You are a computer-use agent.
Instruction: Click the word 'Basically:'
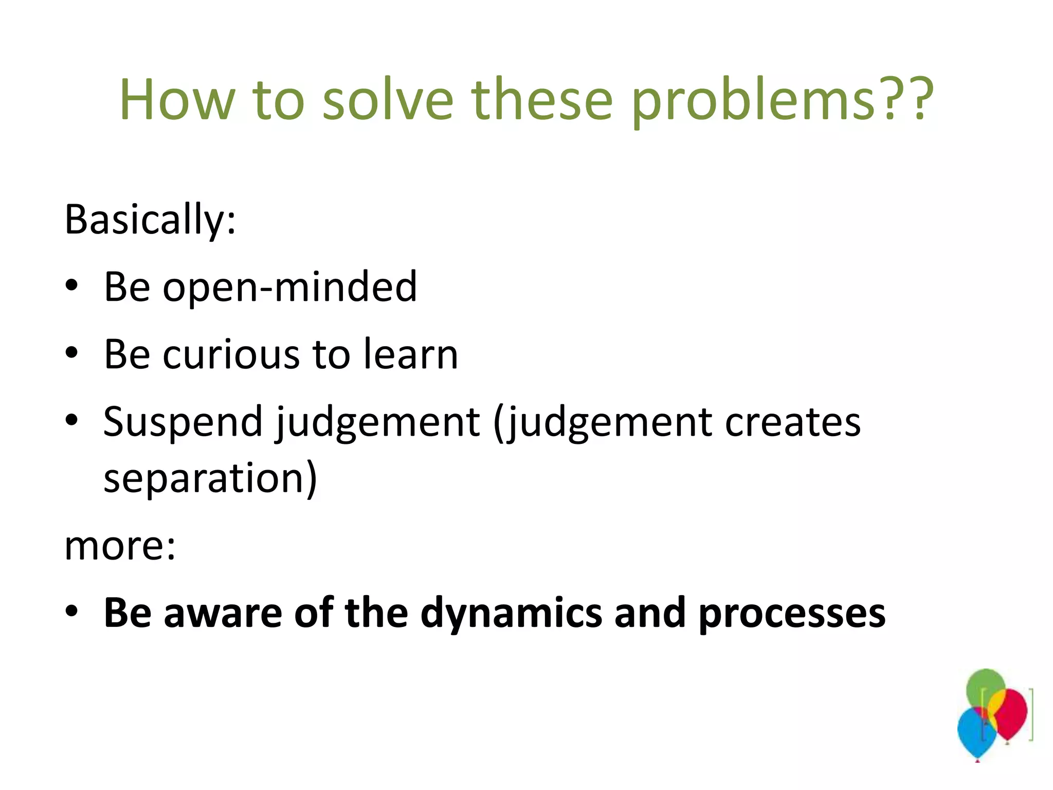coord(150,220)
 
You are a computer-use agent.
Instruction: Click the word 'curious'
coord(231,354)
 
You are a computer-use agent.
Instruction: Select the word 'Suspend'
coord(183,422)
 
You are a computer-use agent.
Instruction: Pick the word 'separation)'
coord(210,478)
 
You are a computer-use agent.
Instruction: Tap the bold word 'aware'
coord(223,613)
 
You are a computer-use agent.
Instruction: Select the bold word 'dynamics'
coord(511,613)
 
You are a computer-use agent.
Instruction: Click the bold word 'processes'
coord(791,613)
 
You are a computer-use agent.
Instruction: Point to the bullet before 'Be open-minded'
coord(71,285)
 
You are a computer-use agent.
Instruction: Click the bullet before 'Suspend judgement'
coord(71,421)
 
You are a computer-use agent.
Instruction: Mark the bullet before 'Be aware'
coord(71,612)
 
